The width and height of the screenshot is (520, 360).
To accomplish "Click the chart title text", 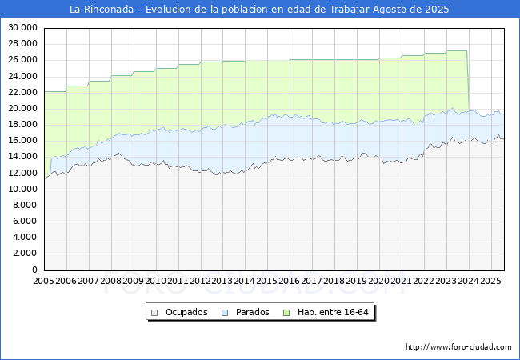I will click(259, 10).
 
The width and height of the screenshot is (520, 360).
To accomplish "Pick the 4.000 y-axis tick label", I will click(26, 238).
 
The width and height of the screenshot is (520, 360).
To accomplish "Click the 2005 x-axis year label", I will click(44, 282).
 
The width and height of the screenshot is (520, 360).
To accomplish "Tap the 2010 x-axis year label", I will click(155, 282).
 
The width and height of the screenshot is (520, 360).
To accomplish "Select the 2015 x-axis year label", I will click(267, 282).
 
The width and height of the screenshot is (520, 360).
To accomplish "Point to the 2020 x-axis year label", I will click(378, 282).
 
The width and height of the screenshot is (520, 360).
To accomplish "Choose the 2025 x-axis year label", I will click(490, 282).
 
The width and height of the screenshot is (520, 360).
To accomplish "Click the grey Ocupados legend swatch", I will click(155, 312).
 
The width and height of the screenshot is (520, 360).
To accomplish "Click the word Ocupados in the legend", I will click(186, 312).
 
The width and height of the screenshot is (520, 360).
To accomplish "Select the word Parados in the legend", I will click(253, 312).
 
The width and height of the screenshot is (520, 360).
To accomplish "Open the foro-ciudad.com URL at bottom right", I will click(458, 347).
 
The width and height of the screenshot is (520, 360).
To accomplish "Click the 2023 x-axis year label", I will click(446, 282).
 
